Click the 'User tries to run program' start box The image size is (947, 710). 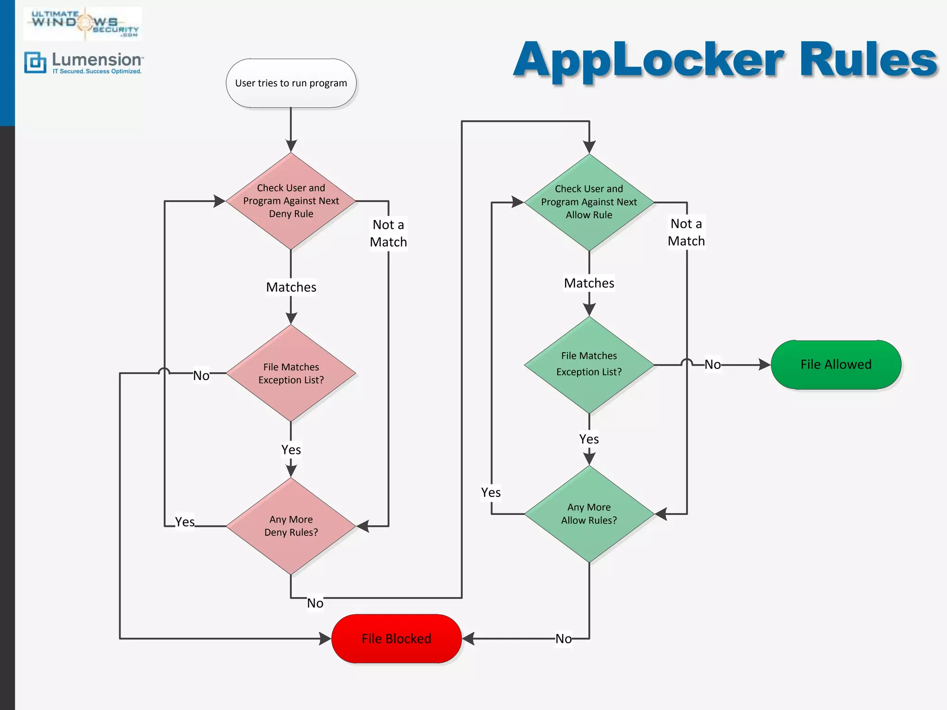pyautogui.click(x=291, y=83)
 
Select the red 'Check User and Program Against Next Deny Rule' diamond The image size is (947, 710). pyautogui.click(x=291, y=201)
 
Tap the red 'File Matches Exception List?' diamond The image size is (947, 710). pyautogui.click(x=291, y=373)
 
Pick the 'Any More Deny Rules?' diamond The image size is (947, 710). pyautogui.click(x=291, y=526)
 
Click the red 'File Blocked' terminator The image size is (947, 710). pyautogui.click(x=396, y=639)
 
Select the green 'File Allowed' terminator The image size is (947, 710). pyautogui.click(x=836, y=365)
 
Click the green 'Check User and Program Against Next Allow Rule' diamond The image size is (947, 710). pyautogui.click(x=589, y=202)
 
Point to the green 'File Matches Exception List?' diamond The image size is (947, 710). pyautogui.click(x=589, y=365)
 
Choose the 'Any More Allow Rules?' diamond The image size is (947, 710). pyautogui.click(x=589, y=514)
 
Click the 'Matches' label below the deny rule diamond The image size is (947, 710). pyautogui.click(x=291, y=287)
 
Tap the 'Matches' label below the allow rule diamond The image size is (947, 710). pyautogui.click(x=589, y=283)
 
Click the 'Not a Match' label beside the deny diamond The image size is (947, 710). pyautogui.click(x=388, y=233)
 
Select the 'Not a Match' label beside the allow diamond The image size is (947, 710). pyautogui.click(x=686, y=233)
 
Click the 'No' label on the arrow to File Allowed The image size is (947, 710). pyautogui.click(x=713, y=365)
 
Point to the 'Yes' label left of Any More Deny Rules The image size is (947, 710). pyautogui.click(x=184, y=522)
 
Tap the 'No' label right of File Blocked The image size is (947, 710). pyautogui.click(x=563, y=639)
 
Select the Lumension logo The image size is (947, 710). pyautogui.click(x=83, y=63)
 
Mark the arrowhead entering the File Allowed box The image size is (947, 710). pyautogui.click(x=765, y=365)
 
